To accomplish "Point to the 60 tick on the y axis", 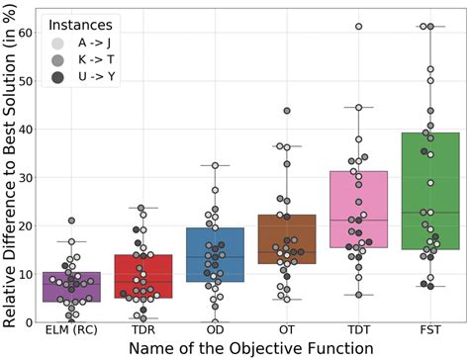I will [x=27, y=32].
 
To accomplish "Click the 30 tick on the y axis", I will [x=27, y=177].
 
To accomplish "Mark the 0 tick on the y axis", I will [x=30, y=321].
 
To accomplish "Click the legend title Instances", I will [x=81, y=22].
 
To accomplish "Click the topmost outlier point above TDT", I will [x=358, y=27].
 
